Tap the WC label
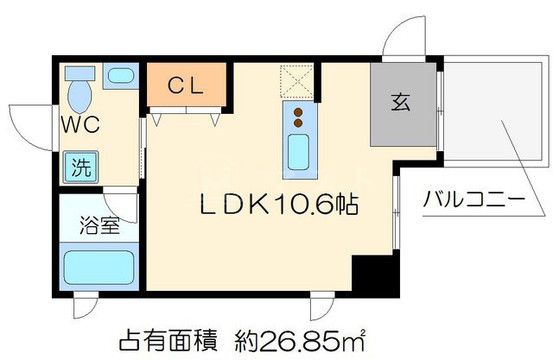click(x=79, y=123)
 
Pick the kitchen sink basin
click(x=299, y=152)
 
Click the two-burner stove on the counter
click(x=299, y=117)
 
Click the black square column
click(x=377, y=276)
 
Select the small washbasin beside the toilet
click(x=118, y=76)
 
